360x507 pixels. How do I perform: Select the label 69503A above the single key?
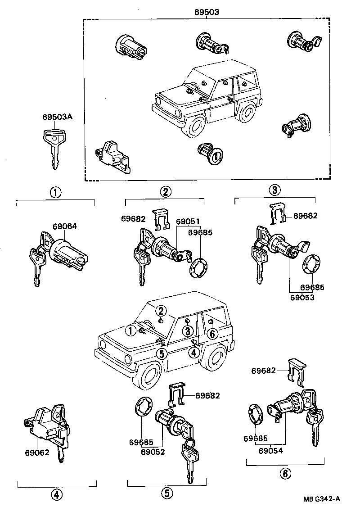[x=58, y=117]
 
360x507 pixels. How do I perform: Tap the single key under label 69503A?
[x=54, y=148]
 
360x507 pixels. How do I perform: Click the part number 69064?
[x=64, y=226]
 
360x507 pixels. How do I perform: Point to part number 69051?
[x=188, y=222]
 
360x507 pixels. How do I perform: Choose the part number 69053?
[x=301, y=297]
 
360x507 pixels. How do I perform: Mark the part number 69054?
[x=271, y=449]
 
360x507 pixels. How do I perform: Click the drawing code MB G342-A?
[x=321, y=499]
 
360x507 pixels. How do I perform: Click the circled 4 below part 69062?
[x=56, y=495]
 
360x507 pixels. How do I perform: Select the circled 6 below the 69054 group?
[x=285, y=473]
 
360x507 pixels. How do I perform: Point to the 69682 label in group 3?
[x=305, y=216]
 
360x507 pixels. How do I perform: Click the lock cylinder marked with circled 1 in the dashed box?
[x=211, y=155]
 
